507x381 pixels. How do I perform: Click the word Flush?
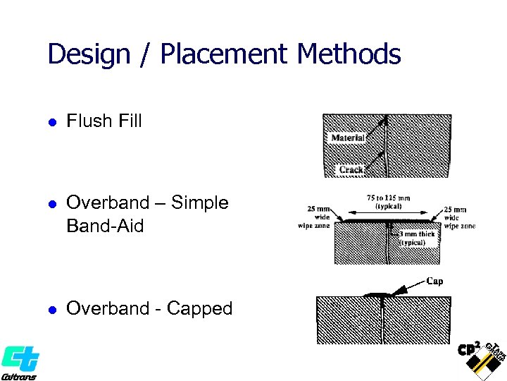point(89,121)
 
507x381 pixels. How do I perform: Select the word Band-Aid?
point(105,226)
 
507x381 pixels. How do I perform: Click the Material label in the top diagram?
point(348,138)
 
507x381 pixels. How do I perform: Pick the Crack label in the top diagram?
point(351,169)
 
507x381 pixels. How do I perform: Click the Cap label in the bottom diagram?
point(435,281)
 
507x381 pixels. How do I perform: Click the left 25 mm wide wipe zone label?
point(315,217)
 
